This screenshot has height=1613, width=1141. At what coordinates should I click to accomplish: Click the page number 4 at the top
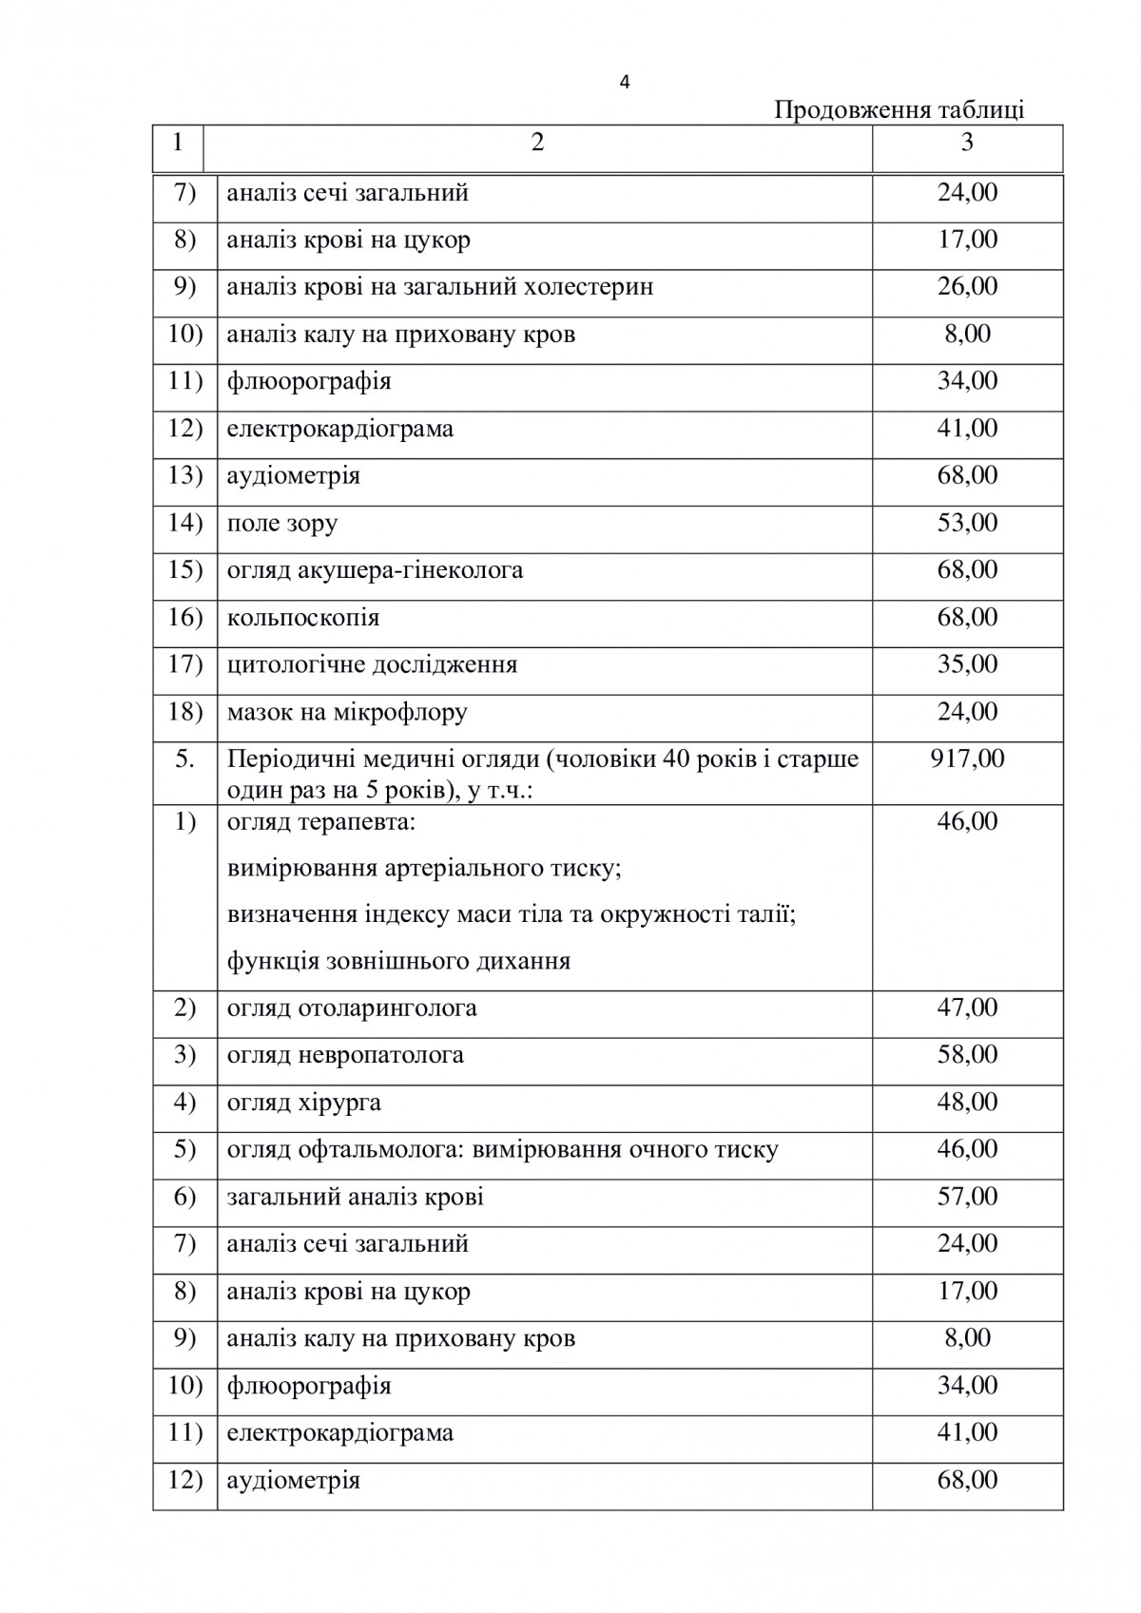(x=624, y=83)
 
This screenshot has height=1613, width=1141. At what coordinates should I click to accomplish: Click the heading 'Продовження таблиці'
(x=899, y=110)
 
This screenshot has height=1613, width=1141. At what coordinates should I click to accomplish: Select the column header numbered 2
(x=537, y=144)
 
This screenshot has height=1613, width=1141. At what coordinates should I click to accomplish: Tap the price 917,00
(x=967, y=758)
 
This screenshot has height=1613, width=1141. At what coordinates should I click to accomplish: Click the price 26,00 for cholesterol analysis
(x=967, y=286)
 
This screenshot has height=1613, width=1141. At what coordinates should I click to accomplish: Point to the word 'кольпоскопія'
(x=303, y=618)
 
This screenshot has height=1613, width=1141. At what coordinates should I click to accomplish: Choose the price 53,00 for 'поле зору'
(x=967, y=523)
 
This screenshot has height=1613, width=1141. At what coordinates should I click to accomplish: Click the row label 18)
(x=184, y=712)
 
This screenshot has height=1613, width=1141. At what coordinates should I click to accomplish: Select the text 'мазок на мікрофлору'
(x=347, y=712)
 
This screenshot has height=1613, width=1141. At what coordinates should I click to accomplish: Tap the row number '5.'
(x=184, y=759)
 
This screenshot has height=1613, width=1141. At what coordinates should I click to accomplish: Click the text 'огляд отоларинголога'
(x=352, y=1008)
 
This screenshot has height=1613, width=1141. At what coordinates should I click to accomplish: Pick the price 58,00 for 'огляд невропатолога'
(x=967, y=1054)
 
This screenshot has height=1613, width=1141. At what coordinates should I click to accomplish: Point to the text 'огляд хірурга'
(x=304, y=1103)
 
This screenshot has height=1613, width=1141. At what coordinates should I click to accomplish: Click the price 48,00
(x=967, y=1102)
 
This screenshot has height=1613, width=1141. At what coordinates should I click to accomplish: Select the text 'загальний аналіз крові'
(x=355, y=1197)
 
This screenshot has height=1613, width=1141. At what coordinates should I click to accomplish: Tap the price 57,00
(x=967, y=1196)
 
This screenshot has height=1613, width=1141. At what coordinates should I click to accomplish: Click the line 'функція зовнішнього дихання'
(x=398, y=961)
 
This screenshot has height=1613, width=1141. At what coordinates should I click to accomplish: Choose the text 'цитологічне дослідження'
(x=372, y=664)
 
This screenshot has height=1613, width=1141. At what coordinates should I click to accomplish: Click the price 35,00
(x=967, y=664)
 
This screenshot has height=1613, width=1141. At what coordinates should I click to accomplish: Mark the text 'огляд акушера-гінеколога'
(x=375, y=570)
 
